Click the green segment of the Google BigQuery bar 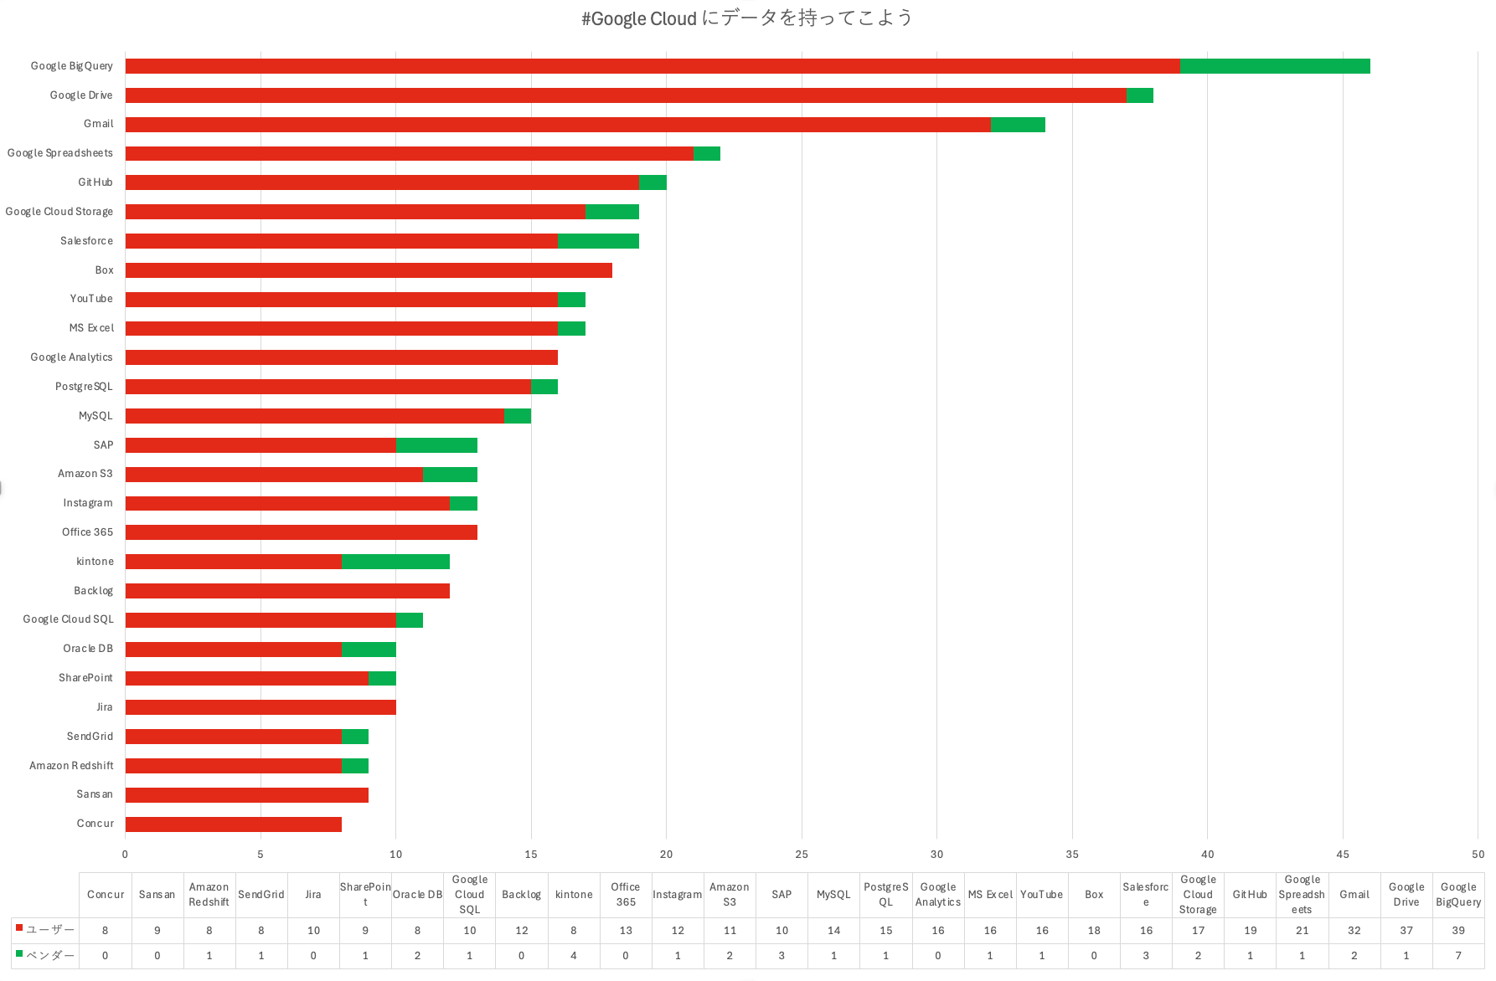tap(1275, 66)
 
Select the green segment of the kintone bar tap(395, 562)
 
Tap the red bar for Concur tap(233, 824)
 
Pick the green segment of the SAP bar tap(436, 445)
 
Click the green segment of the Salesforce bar tap(598, 241)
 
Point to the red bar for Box tap(369, 270)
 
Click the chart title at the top tap(747, 18)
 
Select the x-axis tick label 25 tap(802, 855)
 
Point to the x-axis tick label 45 tap(1343, 855)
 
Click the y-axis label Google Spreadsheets tap(60, 153)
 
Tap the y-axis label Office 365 tap(87, 532)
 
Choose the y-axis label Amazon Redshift tap(71, 766)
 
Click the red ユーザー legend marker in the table tap(19, 928)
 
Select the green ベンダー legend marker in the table tap(19, 953)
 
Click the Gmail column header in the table tap(1354, 895)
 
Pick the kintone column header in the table tap(574, 895)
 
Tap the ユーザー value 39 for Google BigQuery tap(1458, 931)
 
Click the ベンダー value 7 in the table tap(1458, 956)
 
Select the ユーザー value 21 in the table tap(1302, 931)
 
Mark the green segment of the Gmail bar tap(1018, 125)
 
